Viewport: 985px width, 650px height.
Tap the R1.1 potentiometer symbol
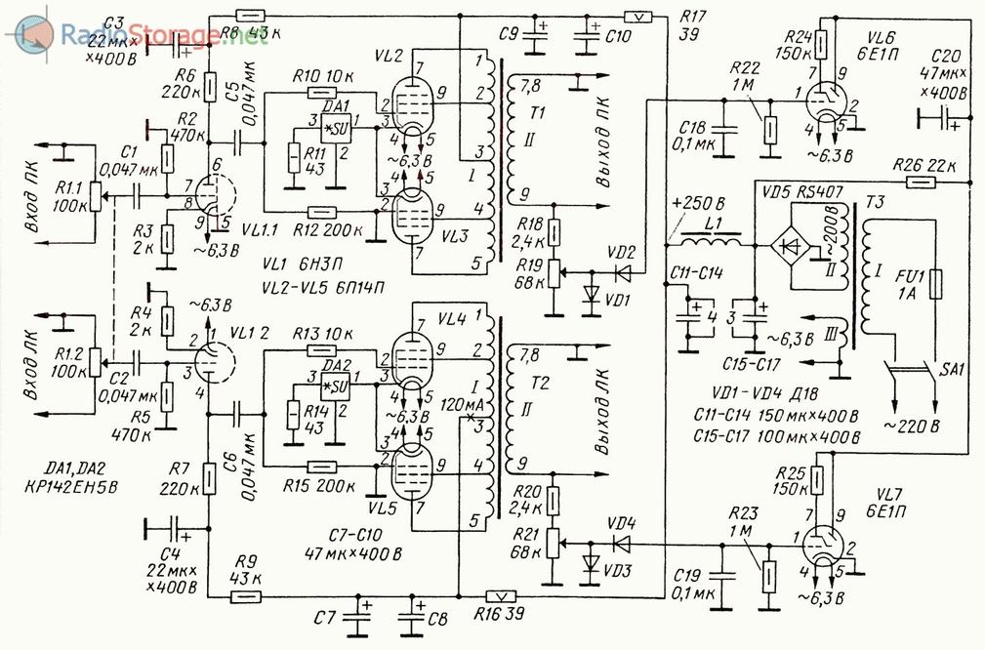point(95,195)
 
